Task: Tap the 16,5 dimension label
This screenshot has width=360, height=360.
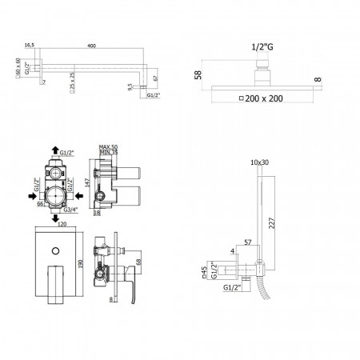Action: click(30, 46)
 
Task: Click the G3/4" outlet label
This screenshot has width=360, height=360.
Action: click(69, 210)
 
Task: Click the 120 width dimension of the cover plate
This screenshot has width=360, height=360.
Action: click(55, 226)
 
